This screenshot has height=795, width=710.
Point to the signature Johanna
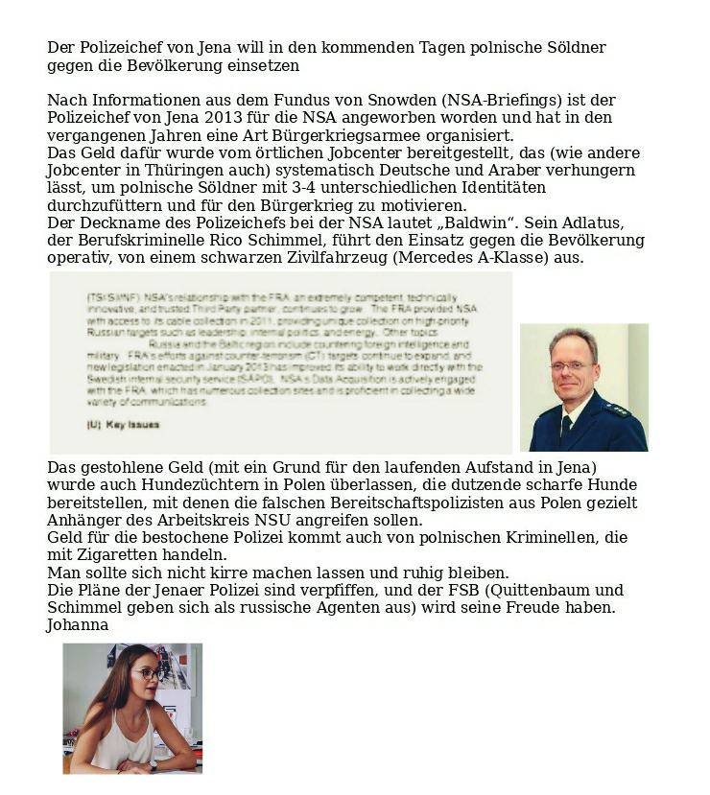point(78,624)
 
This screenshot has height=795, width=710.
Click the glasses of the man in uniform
point(572,365)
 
